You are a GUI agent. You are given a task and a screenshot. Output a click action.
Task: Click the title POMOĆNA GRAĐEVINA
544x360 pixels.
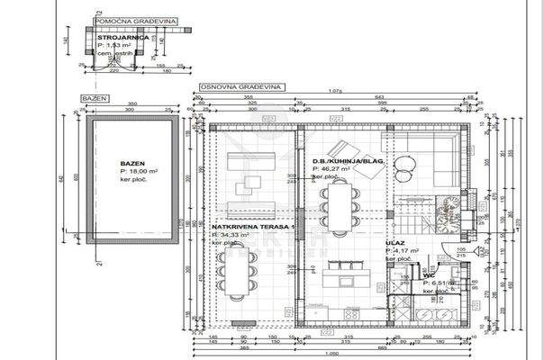point(135,18)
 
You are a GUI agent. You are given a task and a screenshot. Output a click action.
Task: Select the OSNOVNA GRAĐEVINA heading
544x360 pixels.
point(237,87)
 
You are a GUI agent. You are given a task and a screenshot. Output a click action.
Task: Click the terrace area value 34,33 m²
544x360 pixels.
point(233,234)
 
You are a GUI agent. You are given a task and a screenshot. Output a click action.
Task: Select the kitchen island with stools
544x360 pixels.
point(343,271)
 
